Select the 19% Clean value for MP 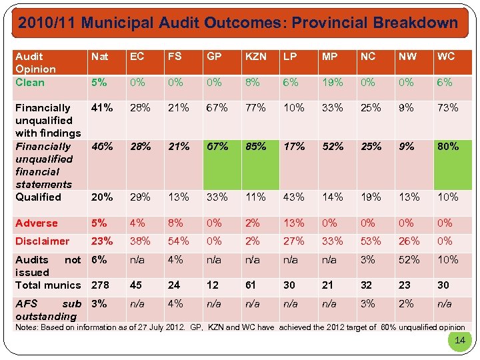click(x=332, y=83)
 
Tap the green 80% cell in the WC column click(x=448, y=146)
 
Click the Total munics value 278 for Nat click(x=101, y=285)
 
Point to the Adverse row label click(x=37, y=223)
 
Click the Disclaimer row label click(x=42, y=241)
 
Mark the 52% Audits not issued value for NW click(x=409, y=260)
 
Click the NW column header click(x=406, y=57)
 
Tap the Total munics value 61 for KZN click(x=251, y=285)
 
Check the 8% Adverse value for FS click(x=175, y=223)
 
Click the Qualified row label click(x=38, y=197)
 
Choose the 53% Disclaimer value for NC click(x=371, y=241)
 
